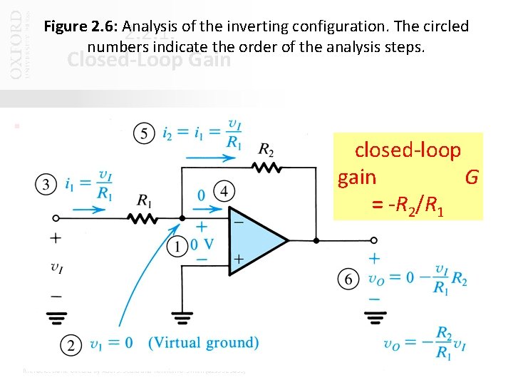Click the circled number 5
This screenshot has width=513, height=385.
(x=145, y=134)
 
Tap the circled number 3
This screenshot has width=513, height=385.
(x=46, y=185)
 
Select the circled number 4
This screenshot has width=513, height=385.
(x=224, y=192)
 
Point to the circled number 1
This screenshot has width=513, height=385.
(x=175, y=246)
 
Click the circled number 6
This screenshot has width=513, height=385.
(x=348, y=279)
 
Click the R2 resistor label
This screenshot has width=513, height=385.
(x=266, y=150)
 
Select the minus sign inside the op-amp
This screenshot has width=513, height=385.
(x=238, y=222)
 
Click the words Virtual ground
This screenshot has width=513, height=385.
(x=203, y=343)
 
